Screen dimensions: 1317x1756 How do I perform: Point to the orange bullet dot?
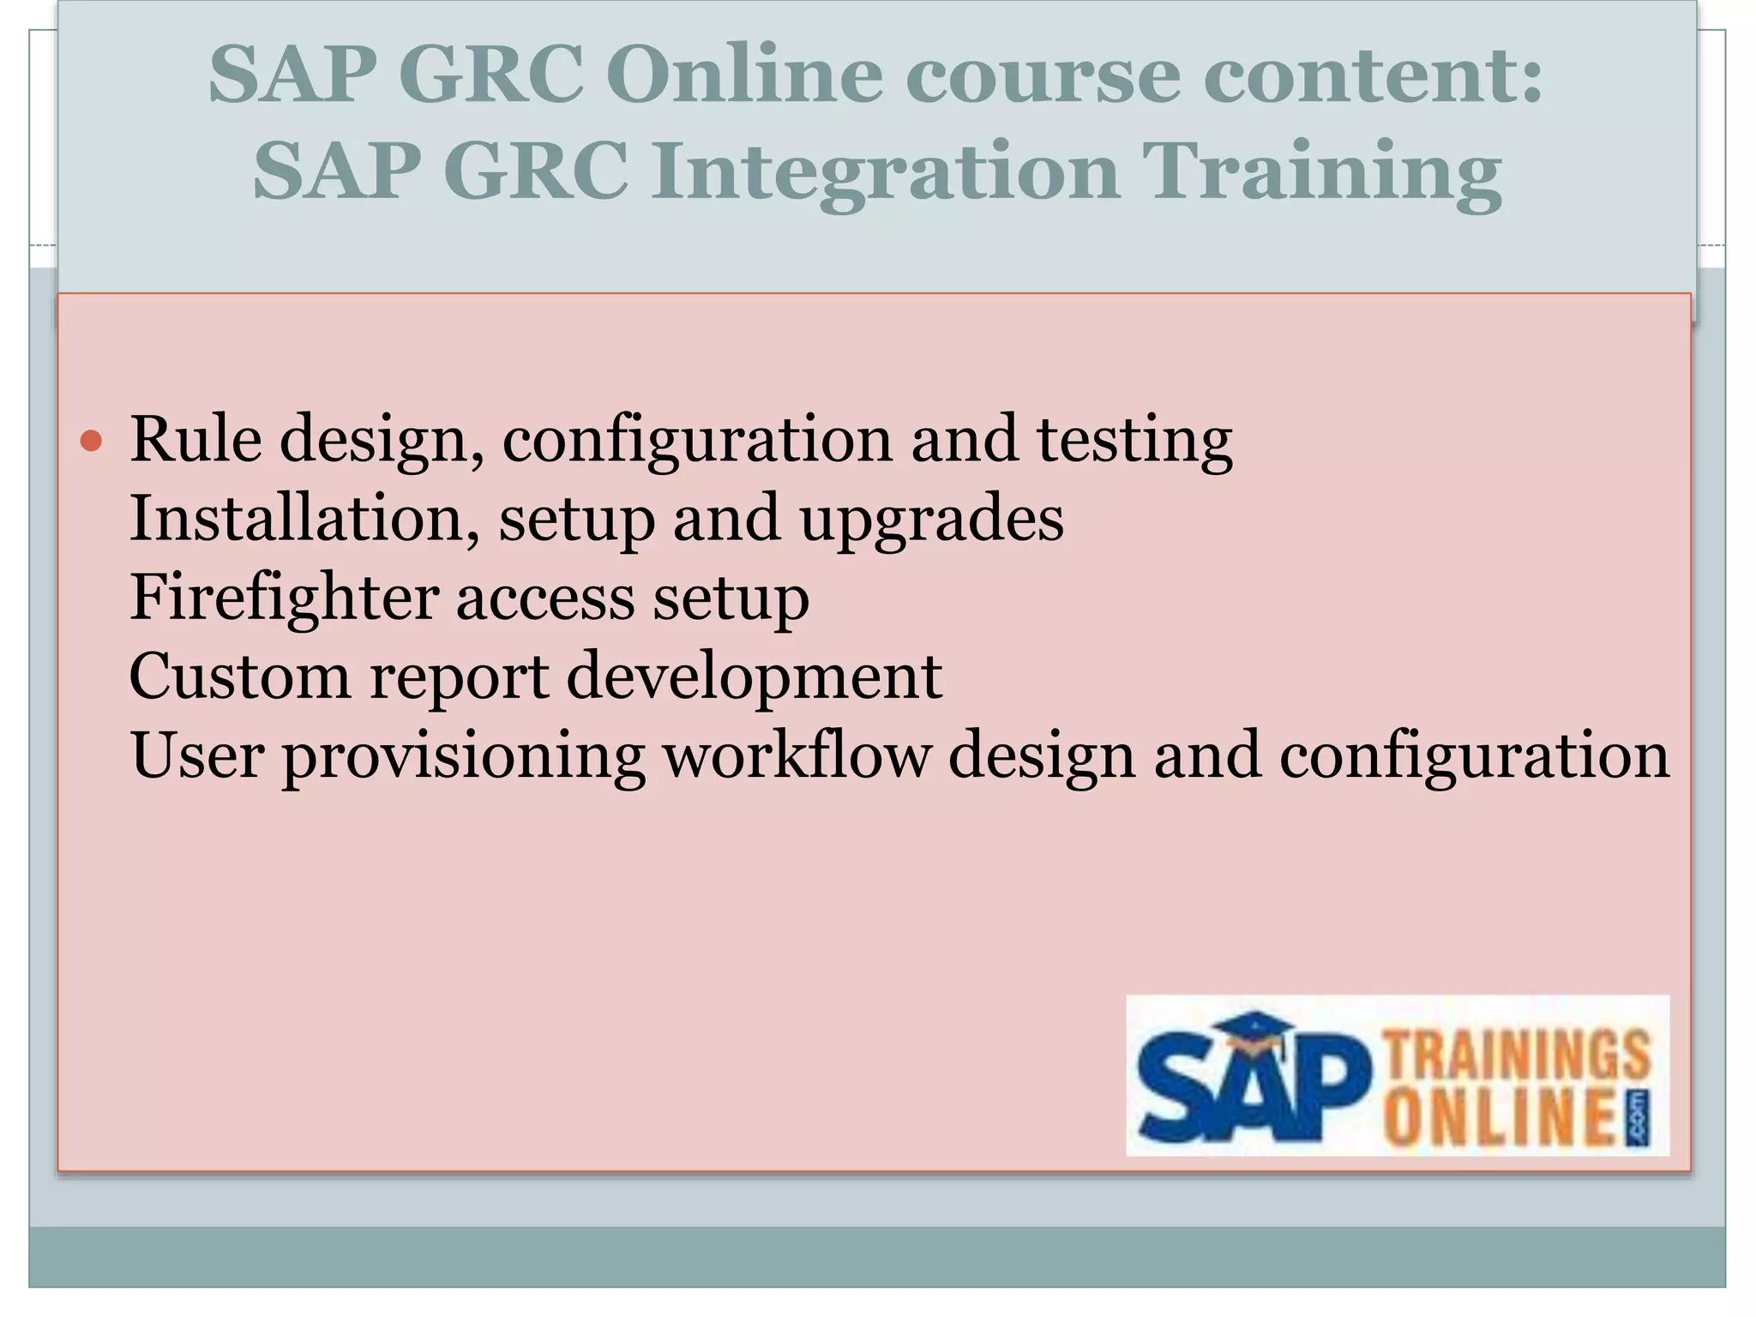[91, 442]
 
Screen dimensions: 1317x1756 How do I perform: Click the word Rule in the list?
[195, 439]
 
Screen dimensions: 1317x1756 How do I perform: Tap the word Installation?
[304, 518]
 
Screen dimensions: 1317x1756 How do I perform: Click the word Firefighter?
[283, 598]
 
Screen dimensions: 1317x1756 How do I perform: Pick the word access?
[545, 598]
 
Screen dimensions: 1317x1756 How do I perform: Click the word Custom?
[239, 677]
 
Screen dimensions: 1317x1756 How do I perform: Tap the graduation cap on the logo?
[1254, 1032]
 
